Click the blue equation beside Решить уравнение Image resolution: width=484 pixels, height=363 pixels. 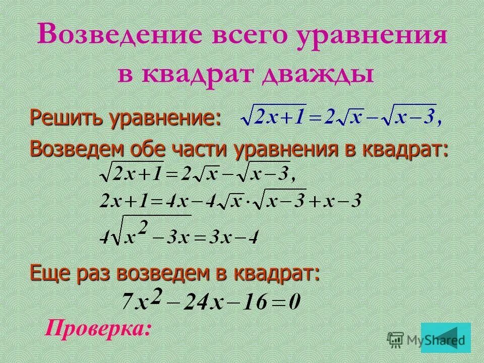coord(341,118)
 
